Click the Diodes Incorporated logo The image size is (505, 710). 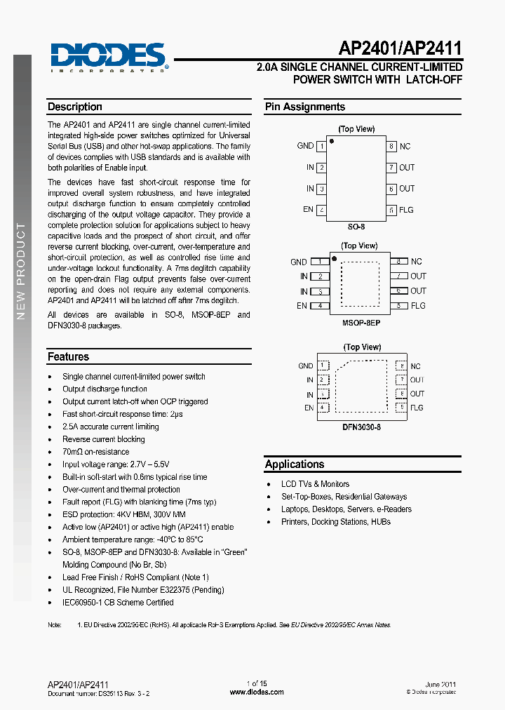click(x=108, y=57)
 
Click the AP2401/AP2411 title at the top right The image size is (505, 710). click(x=400, y=48)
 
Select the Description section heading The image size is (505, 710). click(x=75, y=107)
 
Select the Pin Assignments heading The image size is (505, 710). click(x=305, y=107)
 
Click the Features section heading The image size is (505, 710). click(x=68, y=357)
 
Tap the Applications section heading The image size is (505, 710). click(x=295, y=464)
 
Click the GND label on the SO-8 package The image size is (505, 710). click(x=305, y=146)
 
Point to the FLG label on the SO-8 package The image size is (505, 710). click(x=406, y=210)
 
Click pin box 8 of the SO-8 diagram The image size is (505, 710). click(x=391, y=147)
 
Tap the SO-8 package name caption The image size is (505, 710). click(x=356, y=227)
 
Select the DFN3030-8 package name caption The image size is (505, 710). click(x=361, y=427)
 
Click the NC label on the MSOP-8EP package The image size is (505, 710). click(x=417, y=262)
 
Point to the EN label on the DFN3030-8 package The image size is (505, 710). click(x=309, y=408)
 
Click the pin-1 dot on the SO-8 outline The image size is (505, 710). click(x=332, y=141)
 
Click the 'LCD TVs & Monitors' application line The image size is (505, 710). click(x=315, y=484)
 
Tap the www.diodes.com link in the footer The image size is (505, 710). click(x=257, y=692)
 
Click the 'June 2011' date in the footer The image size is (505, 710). click(x=440, y=683)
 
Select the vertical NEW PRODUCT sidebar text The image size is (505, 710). click(x=21, y=270)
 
